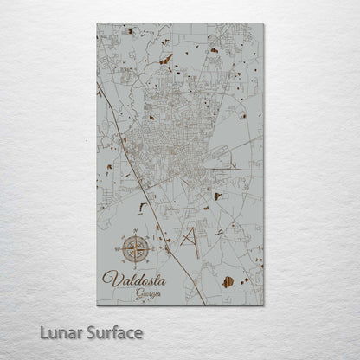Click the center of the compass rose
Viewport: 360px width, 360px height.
[134, 250]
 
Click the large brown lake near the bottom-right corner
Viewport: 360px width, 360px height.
[228, 281]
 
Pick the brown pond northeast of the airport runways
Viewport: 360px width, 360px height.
[216, 196]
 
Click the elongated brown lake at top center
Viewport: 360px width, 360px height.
[165, 59]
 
